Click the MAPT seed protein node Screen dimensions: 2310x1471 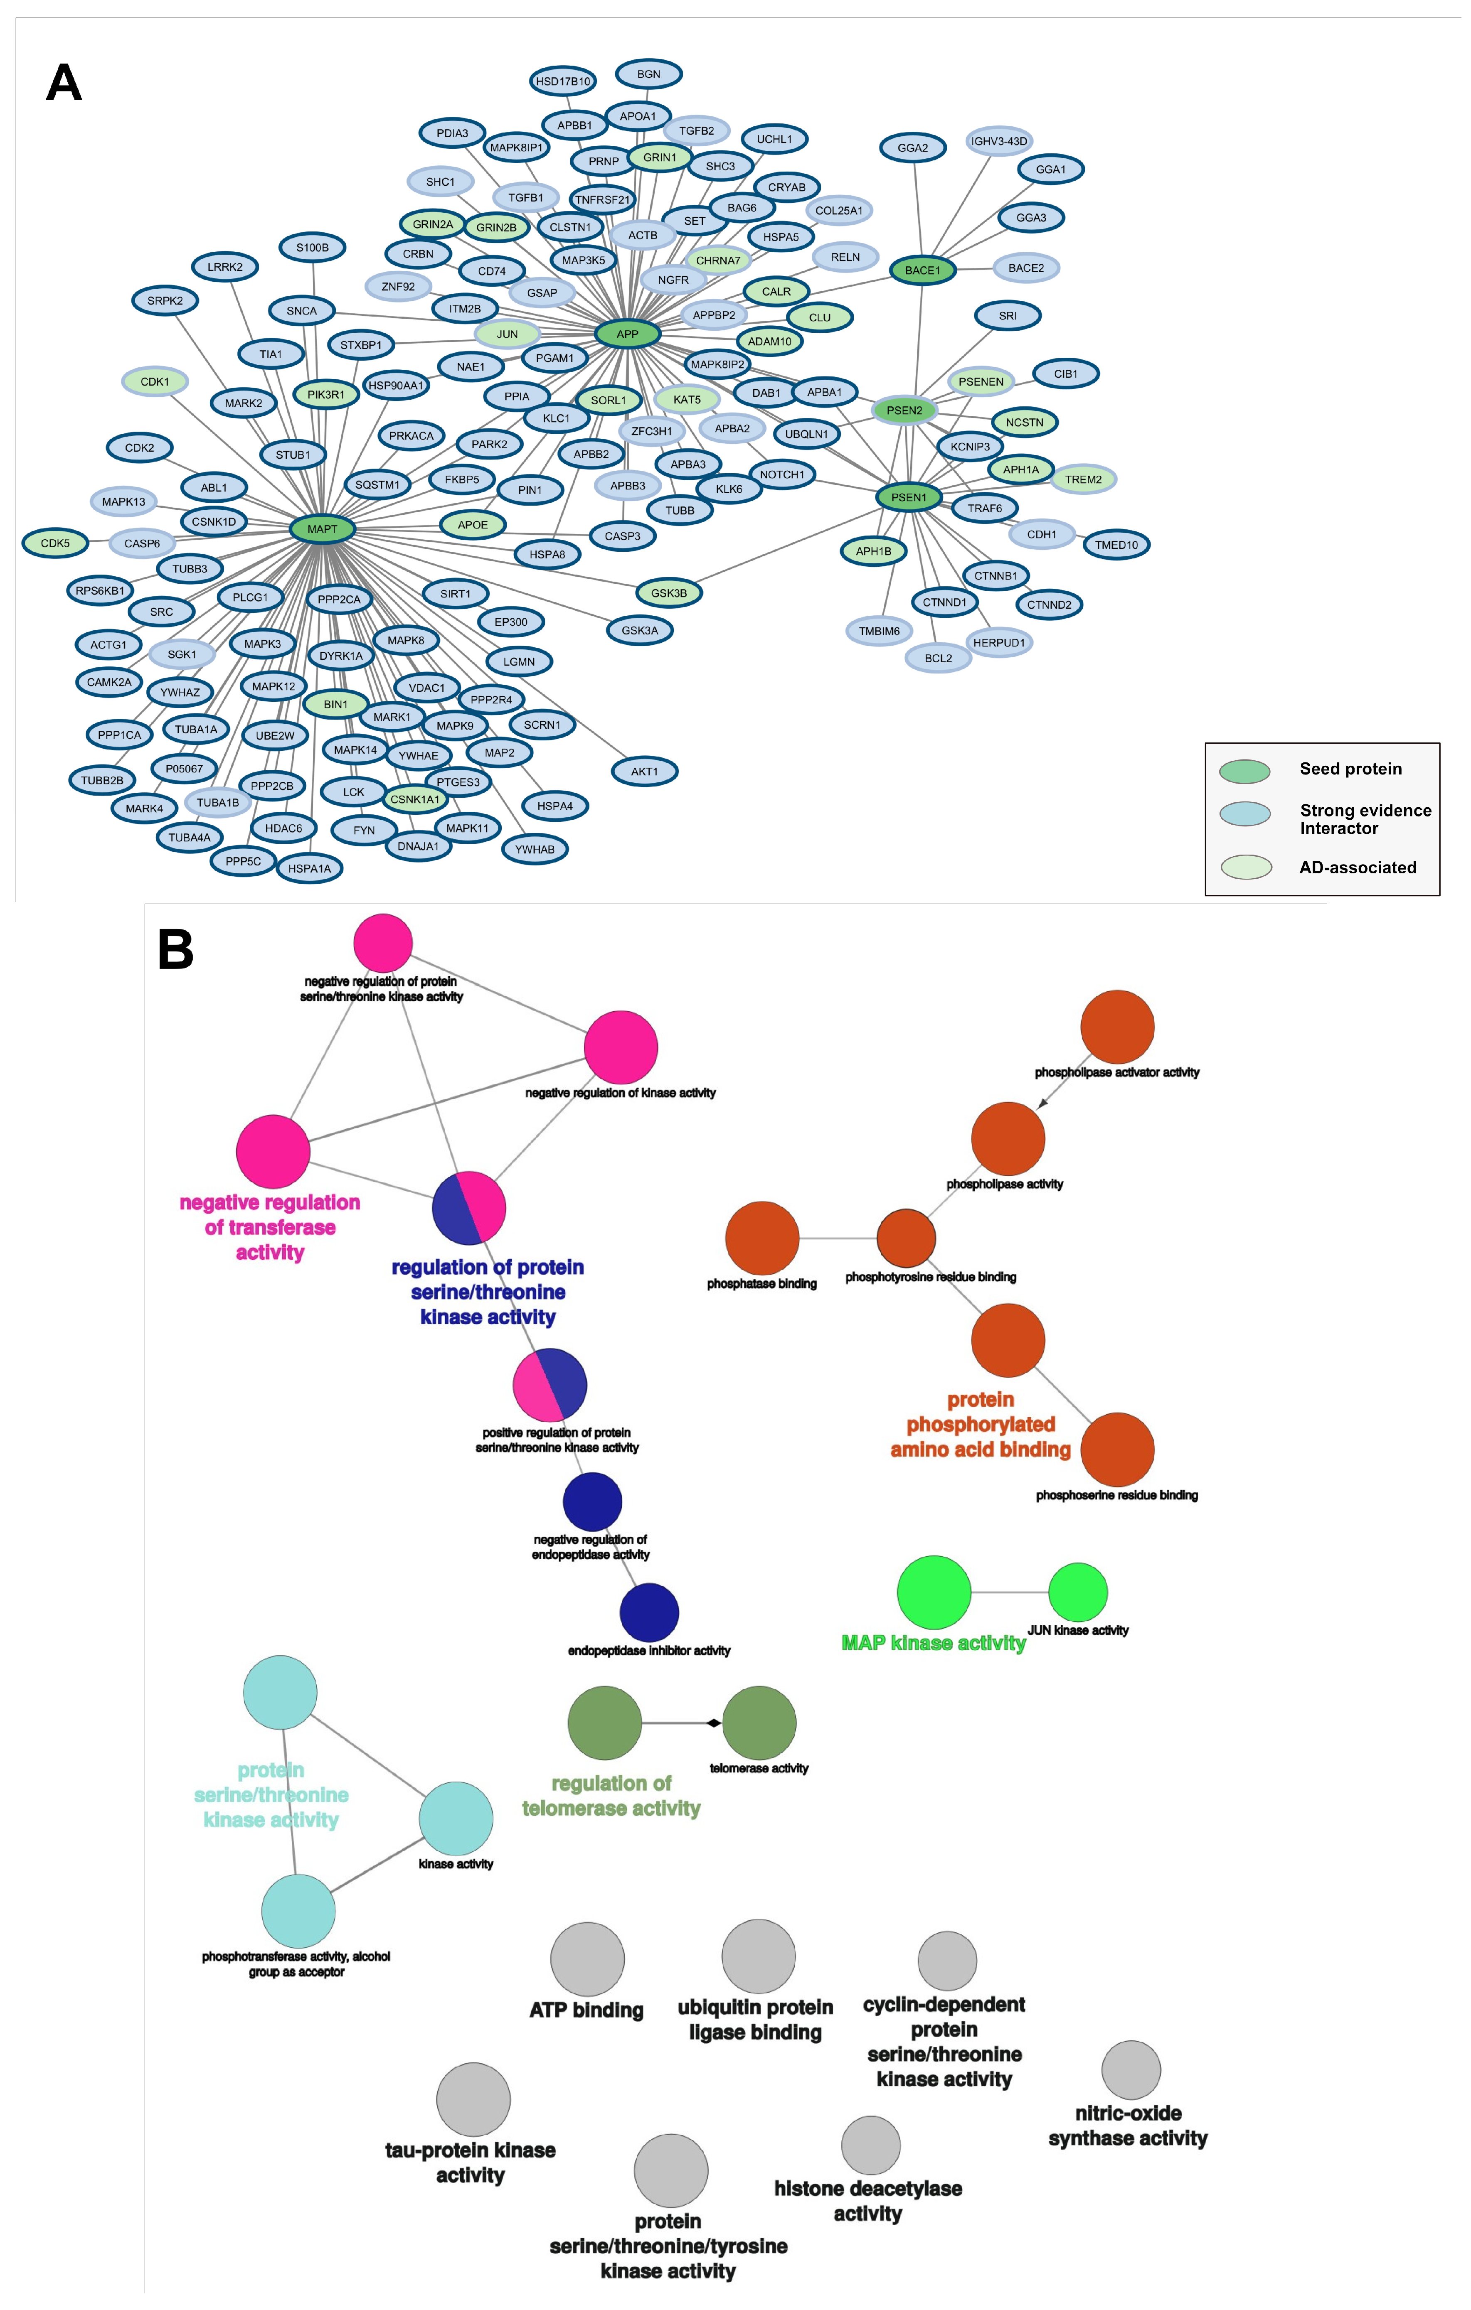coord(323,528)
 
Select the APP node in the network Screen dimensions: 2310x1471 coord(628,334)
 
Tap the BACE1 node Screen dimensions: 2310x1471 coord(922,270)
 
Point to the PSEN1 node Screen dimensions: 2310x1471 coord(908,497)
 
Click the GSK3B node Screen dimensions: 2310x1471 coord(669,593)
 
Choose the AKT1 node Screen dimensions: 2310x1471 coord(644,771)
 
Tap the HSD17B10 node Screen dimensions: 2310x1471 coord(563,81)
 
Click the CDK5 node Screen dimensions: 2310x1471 coord(55,543)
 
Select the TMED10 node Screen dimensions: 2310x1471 coord(1116,545)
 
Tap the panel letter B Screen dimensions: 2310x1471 coord(175,950)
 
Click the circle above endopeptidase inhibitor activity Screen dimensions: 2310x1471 coord(650,1612)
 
